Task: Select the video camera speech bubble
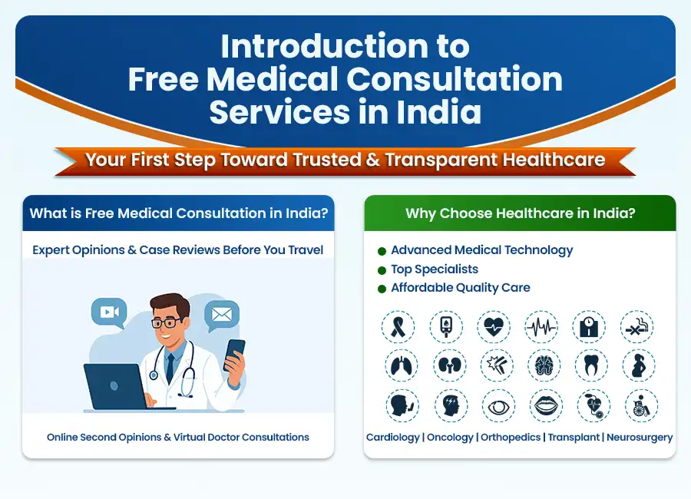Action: pyautogui.click(x=108, y=311)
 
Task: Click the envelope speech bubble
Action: pyautogui.click(x=222, y=314)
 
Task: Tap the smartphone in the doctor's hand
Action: pyautogui.click(x=235, y=355)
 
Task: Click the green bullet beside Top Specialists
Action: pyautogui.click(x=382, y=269)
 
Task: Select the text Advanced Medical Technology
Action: pyautogui.click(x=481, y=249)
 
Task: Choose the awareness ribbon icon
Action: pyautogui.click(x=398, y=327)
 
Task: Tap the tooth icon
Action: pyautogui.click(x=590, y=365)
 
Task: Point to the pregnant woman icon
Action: pyautogui.click(x=638, y=365)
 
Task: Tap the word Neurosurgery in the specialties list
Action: pyautogui.click(x=640, y=437)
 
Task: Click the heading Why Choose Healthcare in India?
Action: pyautogui.click(x=520, y=213)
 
